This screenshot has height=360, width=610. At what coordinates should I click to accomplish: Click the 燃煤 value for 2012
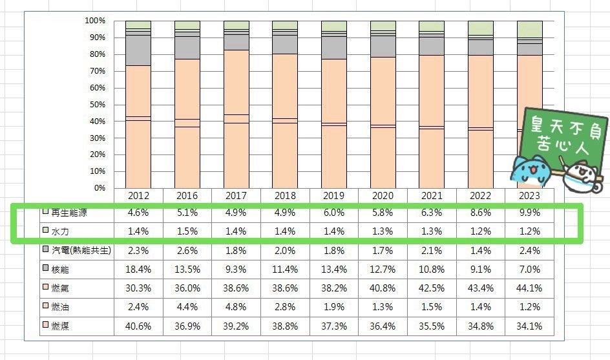[138, 326]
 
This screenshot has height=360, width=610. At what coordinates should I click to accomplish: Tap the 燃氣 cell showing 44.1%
[529, 287]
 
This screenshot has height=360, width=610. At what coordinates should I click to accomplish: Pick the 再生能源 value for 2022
[480, 212]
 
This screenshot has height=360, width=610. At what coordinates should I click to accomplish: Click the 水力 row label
[61, 230]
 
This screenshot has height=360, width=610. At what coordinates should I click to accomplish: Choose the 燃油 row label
[61, 306]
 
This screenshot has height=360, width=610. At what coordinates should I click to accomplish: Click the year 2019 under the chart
[334, 195]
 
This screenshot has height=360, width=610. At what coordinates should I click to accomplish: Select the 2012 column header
[138, 195]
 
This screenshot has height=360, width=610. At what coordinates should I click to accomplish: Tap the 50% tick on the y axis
[96, 105]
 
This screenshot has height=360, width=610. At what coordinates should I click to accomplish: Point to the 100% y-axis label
[94, 21]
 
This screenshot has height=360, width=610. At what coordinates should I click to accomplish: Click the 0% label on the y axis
[99, 188]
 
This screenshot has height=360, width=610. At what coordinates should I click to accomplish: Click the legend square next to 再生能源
[45, 211]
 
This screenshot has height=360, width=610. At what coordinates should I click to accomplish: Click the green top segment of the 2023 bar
[529, 29]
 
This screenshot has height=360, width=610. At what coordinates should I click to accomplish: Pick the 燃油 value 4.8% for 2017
[237, 306]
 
